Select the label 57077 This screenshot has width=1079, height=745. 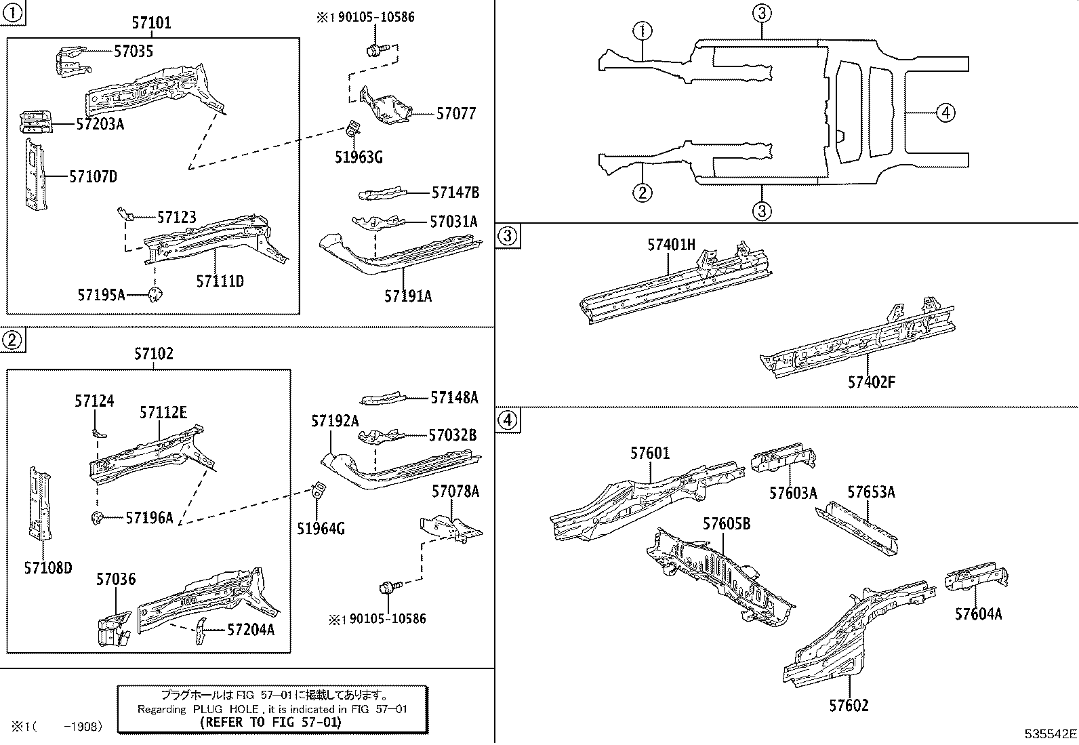tap(455, 114)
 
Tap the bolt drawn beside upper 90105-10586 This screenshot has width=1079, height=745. tap(375, 49)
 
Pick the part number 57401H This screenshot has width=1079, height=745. tap(671, 245)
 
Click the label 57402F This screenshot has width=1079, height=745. tap(871, 382)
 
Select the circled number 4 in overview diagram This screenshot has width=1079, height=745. tap(945, 113)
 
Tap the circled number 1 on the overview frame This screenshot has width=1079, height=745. tap(642, 31)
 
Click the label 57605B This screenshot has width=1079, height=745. tap(726, 523)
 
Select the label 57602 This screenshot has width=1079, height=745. tap(848, 706)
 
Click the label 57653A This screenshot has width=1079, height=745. tap(871, 492)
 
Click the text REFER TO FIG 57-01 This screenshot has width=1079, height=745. tap(272, 722)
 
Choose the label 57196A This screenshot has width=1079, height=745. tap(149, 518)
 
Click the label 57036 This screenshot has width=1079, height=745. tap(115, 579)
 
